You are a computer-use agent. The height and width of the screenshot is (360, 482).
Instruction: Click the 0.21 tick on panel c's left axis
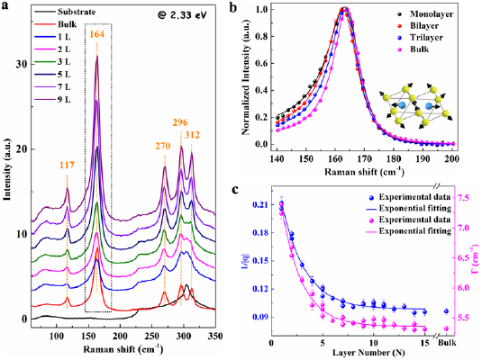point(258,206)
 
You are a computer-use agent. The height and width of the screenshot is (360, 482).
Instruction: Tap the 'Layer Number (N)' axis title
point(359,355)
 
